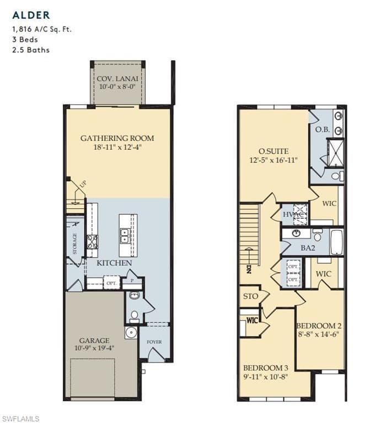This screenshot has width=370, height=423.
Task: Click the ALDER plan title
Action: pyautogui.click(x=31, y=15)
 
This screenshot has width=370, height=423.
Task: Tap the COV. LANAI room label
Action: pyautogui.click(x=117, y=79)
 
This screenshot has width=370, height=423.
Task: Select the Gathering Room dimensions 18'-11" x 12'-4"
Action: pyautogui.click(x=117, y=147)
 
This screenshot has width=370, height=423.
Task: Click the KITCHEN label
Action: pyautogui.click(x=114, y=263)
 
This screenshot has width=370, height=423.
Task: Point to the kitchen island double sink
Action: pyautogui.click(x=125, y=236)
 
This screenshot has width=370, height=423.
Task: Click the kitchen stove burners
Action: pyautogui.click(x=92, y=242)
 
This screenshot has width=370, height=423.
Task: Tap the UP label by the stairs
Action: pyautogui.click(x=83, y=185)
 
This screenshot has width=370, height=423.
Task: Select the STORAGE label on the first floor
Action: pyautogui.click(x=75, y=243)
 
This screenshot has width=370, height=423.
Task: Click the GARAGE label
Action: pyautogui.click(x=94, y=340)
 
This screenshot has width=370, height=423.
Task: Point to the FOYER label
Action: pyautogui.click(x=154, y=342)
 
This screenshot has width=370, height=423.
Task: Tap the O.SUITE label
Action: pyautogui.click(x=274, y=151)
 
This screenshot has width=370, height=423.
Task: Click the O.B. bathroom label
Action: pyautogui.click(x=323, y=129)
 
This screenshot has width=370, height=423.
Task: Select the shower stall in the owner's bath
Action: pyautogui.click(x=336, y=153)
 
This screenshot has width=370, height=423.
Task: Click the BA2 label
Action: pyautogui.click(x=308, y=248)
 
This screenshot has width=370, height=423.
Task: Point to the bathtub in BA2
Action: pyautogui.click(x=336, y=242)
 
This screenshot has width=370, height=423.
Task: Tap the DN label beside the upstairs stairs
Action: pyautogui.click(x=249, y=269)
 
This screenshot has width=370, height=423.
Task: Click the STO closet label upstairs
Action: pyautogui.click(x=251, y=296)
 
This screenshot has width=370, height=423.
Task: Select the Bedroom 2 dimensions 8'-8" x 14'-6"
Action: pyautogui.click(x=318, y=334)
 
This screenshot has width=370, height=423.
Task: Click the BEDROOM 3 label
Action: pyautogui.click(x=266, y=368)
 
